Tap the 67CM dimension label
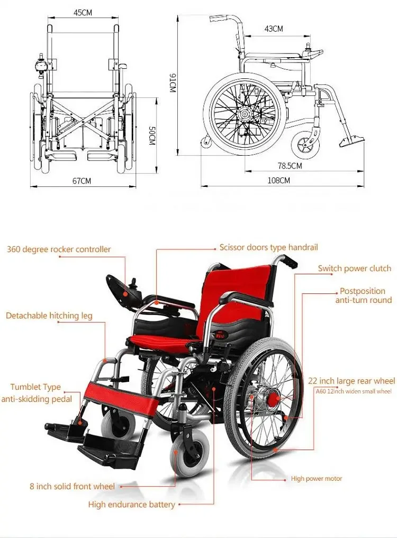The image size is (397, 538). coord(82,181)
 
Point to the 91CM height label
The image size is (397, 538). coord(172,84)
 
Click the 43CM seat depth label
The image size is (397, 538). coord(273,29)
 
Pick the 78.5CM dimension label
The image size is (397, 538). coord(290,166)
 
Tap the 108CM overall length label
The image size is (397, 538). coord(278,180)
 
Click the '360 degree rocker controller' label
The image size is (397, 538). coord(59,249)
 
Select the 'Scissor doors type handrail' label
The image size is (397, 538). coord(269,247)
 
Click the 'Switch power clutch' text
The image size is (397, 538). coord(354,268)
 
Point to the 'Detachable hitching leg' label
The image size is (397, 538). coord(49,316)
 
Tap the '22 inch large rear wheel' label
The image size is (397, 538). coord(351,381)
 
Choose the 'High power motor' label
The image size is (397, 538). coord(317,479)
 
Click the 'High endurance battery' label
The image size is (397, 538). coord(131,504)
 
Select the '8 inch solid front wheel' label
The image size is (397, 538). coord(72,486)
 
